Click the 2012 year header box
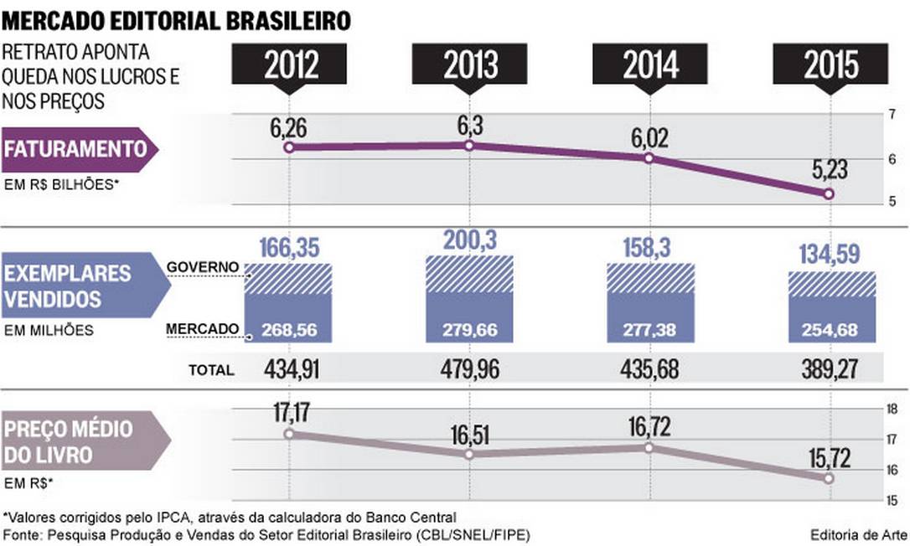288,64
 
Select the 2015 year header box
830,64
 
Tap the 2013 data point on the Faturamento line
468,146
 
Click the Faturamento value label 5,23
829,170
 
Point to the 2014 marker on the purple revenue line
649,157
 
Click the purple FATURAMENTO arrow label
80,150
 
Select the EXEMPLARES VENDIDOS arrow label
84,286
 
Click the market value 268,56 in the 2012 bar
288,330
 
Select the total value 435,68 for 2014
649,368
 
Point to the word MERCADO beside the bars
203,330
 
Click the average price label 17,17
288,412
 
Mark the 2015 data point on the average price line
829,478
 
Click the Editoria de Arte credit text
855,534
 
